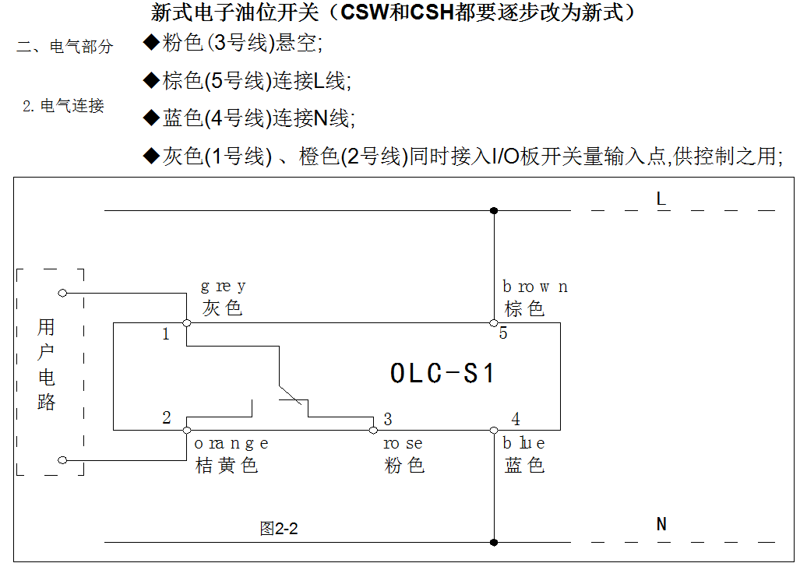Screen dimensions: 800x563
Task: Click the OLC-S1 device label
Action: pos(442,373)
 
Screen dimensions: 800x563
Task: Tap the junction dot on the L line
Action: pos(493,210)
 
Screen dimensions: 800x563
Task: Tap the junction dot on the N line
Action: pos(493,542)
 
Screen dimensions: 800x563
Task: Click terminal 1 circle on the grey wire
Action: pos(187,323)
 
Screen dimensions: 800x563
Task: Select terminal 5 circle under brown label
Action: pos(493,323)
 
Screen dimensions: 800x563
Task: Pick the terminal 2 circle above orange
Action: pos(187,431)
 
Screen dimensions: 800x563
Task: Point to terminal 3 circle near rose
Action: pos(373,431)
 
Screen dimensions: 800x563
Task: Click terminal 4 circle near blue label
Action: pos(493,431)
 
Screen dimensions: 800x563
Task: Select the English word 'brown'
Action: pos(535,287)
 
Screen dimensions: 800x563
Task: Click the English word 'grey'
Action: pos(224,287)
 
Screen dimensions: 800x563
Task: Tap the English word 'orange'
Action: pos(231,444)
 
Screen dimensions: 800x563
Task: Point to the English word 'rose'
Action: pos(403,444)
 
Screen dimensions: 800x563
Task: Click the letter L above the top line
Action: pos(661,199)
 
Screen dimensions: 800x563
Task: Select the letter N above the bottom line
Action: pos(661,524)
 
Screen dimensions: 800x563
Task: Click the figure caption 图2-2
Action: pos(279,528)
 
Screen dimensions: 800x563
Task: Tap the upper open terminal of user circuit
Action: pos(62,293)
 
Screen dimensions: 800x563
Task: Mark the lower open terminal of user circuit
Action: pos(62,460)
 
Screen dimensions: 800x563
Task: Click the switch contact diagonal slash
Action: pos(290,396)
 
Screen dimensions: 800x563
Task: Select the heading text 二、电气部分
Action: pos(65,47)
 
